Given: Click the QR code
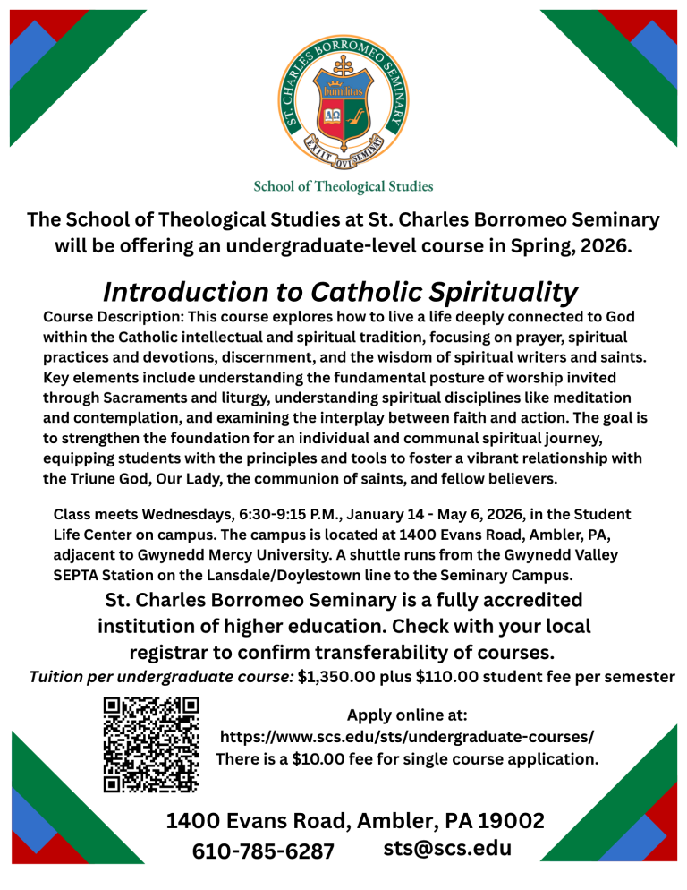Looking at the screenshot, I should pos(151,745).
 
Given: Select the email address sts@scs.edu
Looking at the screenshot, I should pos(447,847).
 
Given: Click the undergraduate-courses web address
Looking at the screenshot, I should pos(407,737).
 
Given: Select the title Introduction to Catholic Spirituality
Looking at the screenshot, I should pos(341,292).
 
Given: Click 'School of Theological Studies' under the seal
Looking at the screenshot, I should pos(343,187).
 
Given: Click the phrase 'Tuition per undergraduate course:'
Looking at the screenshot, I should pos(157,677).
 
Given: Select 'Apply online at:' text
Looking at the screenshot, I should pos(407,715).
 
